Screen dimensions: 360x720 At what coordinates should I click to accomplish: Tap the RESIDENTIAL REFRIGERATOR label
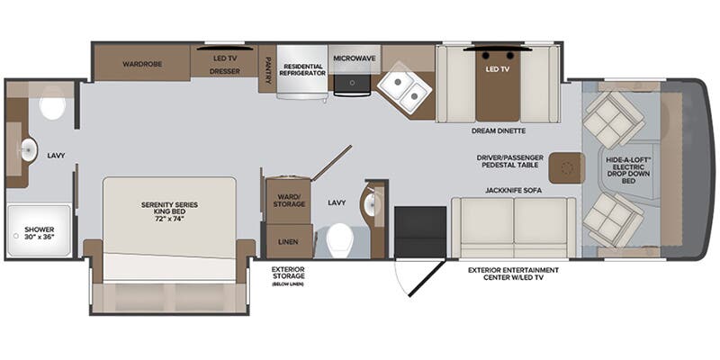click(x=302, y=69)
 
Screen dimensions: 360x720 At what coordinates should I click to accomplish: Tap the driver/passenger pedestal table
click(x=565, y=166)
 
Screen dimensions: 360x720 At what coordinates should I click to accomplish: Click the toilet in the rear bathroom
click(x=52, y=108)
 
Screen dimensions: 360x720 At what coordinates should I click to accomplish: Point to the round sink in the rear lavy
click(x=28, y=149)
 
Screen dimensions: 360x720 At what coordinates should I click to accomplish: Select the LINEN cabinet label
click(x=288, y=240)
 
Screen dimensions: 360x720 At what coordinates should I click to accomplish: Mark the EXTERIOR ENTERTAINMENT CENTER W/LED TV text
click(x=513, y=274)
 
